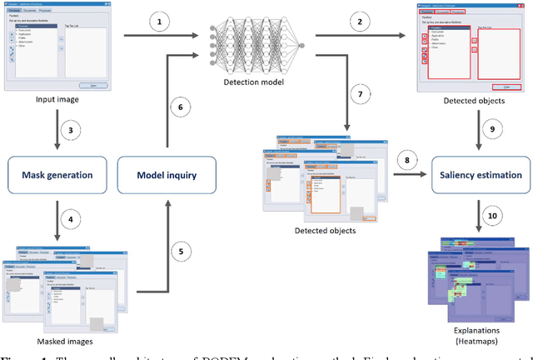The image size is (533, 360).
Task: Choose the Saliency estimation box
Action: tap(478, 174)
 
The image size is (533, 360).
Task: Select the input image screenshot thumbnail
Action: tap(56, 47)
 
